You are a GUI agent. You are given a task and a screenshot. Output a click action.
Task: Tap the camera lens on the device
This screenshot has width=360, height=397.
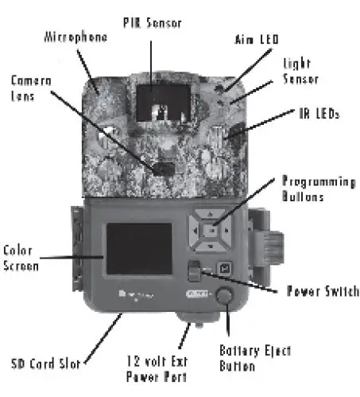163,169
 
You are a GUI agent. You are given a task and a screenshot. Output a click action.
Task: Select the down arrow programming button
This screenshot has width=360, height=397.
210,248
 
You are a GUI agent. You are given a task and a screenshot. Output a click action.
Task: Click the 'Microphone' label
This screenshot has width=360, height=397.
75,37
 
